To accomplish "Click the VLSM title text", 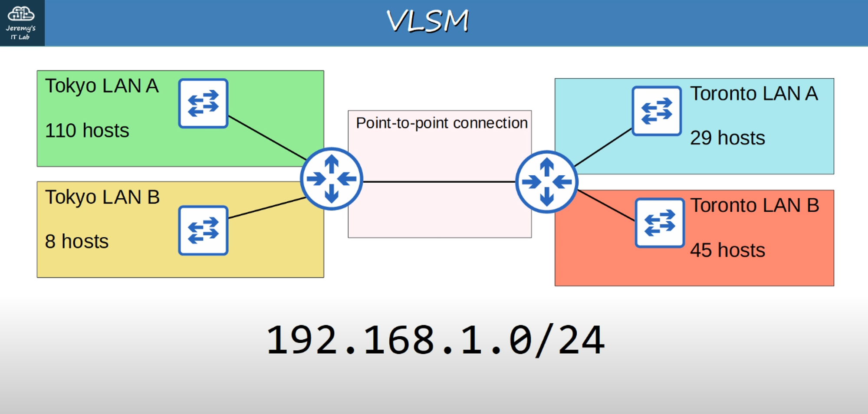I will tap(428, 21).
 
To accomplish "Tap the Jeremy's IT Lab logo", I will tap(21, 23).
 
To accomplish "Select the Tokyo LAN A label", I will tap(102, 86).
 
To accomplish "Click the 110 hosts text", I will tap(87, 131).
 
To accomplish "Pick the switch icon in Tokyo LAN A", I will tap(203, 103).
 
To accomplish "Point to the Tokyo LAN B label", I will tap(102, 197).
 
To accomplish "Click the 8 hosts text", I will tap(77, 242).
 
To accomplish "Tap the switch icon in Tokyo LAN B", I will tap(203, 230).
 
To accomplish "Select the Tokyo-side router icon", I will tap(332, 179).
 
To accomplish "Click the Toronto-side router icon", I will tap(546, 182).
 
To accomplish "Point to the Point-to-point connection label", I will tap(441, 123).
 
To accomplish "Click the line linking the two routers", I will tap(438, 182).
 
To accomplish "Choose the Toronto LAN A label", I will tap(754, 94).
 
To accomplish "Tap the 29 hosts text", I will tap(727, 138).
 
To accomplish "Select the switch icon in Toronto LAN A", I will tap(656, 111).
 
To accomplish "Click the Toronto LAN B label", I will tap(755, 205).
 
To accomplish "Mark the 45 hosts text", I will tap(727, 250).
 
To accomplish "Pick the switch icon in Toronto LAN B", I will tap(660, 223).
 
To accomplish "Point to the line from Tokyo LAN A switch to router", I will tap(267, 138).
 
